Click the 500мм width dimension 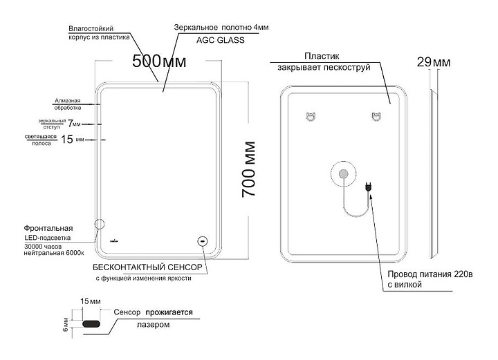click(x=159, y=60)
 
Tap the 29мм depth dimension click(x=434, y=63)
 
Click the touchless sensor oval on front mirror click(x=203, y=241)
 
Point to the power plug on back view click(x=369, y=186)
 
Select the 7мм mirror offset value click(x=75, y=123)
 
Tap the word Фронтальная click(x=49, y=227)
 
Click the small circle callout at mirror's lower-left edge click(x=99, y=225)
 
